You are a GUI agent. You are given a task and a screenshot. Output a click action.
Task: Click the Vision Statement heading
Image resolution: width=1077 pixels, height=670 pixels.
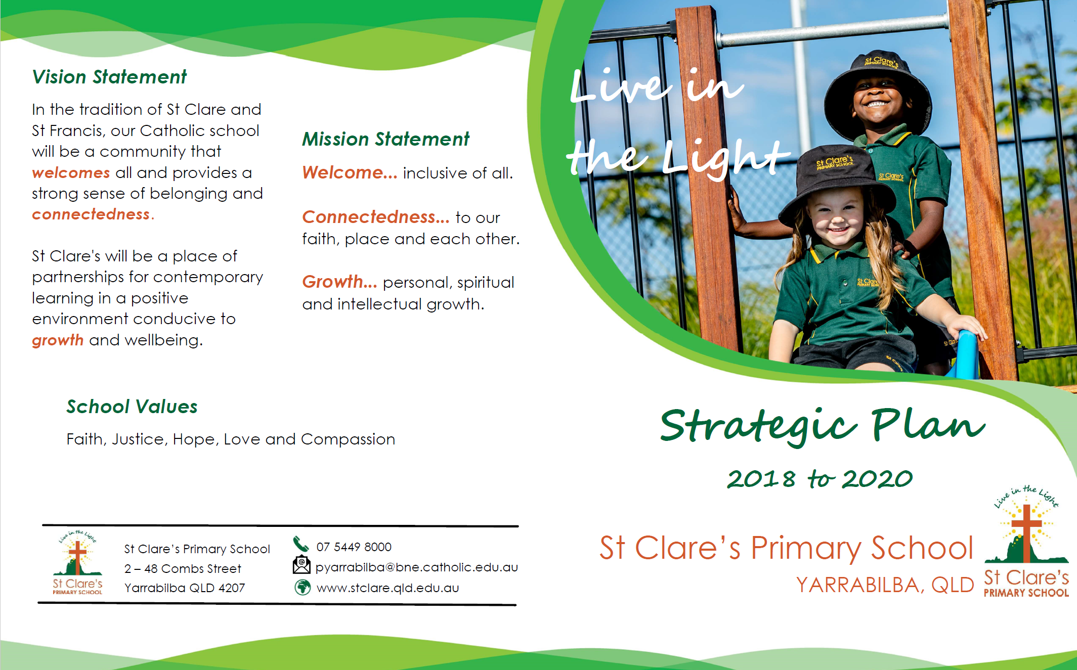(109, 77)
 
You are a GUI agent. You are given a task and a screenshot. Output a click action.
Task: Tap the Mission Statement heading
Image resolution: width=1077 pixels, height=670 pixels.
(385, 139)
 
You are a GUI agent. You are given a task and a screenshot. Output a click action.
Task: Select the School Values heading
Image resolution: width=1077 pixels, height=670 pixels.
(132, 407)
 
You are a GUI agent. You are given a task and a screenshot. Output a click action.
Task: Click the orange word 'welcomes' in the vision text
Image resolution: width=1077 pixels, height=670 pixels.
(71, 173)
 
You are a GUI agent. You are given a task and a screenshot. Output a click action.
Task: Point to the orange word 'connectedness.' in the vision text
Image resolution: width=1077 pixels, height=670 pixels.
(93, 214)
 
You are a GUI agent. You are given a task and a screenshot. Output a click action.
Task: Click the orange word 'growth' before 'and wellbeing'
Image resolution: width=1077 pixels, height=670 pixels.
(58, 340)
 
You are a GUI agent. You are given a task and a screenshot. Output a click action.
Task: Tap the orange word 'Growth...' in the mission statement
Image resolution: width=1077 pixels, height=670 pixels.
(339, 282)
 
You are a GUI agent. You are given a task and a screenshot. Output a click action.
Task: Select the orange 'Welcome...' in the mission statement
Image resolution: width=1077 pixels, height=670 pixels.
(350, 172)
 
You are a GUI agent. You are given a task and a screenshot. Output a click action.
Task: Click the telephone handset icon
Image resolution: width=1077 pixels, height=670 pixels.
(301, 544)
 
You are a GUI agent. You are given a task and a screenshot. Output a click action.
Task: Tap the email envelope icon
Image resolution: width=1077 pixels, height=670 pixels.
(301, 565)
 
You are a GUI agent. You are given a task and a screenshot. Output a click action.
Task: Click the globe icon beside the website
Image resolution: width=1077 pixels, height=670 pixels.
(303, 588)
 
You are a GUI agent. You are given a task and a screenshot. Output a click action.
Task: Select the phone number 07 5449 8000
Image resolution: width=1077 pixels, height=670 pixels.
(354, 547)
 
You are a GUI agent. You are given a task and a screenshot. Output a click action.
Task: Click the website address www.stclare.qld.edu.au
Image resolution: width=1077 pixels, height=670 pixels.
(388, 588)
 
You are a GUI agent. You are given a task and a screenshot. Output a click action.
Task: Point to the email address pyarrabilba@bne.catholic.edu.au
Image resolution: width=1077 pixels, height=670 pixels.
(417, 567)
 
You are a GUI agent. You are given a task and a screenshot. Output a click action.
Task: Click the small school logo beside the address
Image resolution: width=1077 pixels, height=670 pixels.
(77, 563)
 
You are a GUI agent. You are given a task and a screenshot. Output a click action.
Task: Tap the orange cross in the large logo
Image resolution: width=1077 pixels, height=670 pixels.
(1026, 532)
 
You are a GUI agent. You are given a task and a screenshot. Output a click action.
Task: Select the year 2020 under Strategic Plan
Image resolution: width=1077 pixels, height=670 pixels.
(877, 478)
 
